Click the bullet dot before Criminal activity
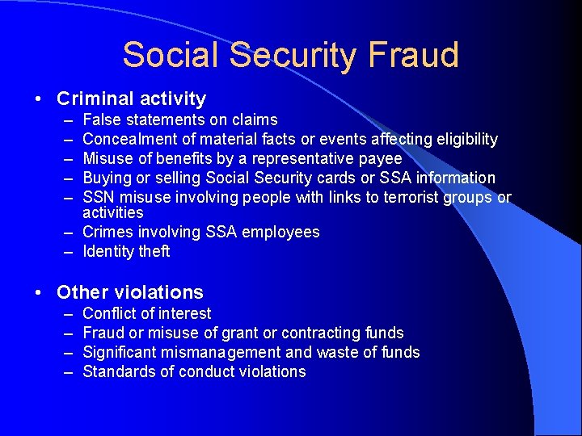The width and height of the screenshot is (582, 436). [39, 99]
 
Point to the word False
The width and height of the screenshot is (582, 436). [100, 119]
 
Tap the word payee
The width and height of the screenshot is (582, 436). [380, 158]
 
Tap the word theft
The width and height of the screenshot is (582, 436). [154, 251]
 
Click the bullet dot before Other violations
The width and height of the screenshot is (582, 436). [39, 292]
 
